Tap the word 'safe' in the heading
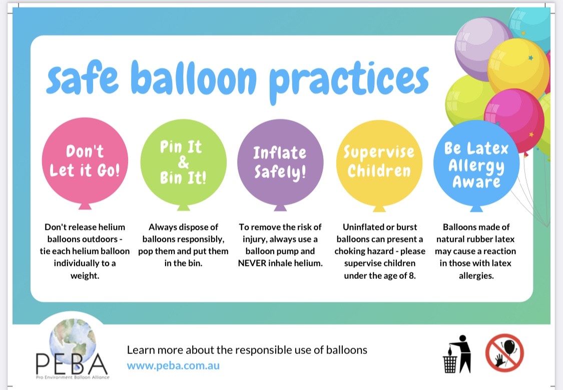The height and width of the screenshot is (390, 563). (x=82, y=77)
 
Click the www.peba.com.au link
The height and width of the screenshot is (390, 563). (x=173, y=366)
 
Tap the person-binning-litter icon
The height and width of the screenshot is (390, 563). (x=457, y=354)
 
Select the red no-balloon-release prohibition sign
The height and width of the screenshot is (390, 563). (x=504, y=352)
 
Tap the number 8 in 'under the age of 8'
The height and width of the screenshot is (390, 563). (x=412, y=276)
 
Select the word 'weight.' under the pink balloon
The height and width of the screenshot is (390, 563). (x=85, y=276)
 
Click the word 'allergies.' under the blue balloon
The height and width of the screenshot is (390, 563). (x=476, y=276)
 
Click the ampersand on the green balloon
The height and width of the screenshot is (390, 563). (x=183, y=162)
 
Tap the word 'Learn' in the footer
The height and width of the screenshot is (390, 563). (x=141, y=350)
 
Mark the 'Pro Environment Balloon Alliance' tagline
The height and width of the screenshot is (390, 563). (x=73, y=377)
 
